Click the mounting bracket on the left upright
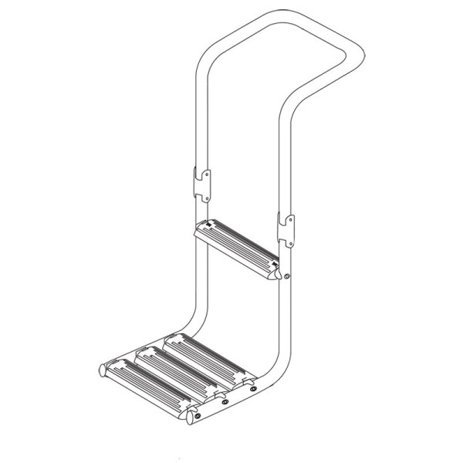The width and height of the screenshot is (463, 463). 201,184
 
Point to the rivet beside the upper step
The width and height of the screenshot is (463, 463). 287,277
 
